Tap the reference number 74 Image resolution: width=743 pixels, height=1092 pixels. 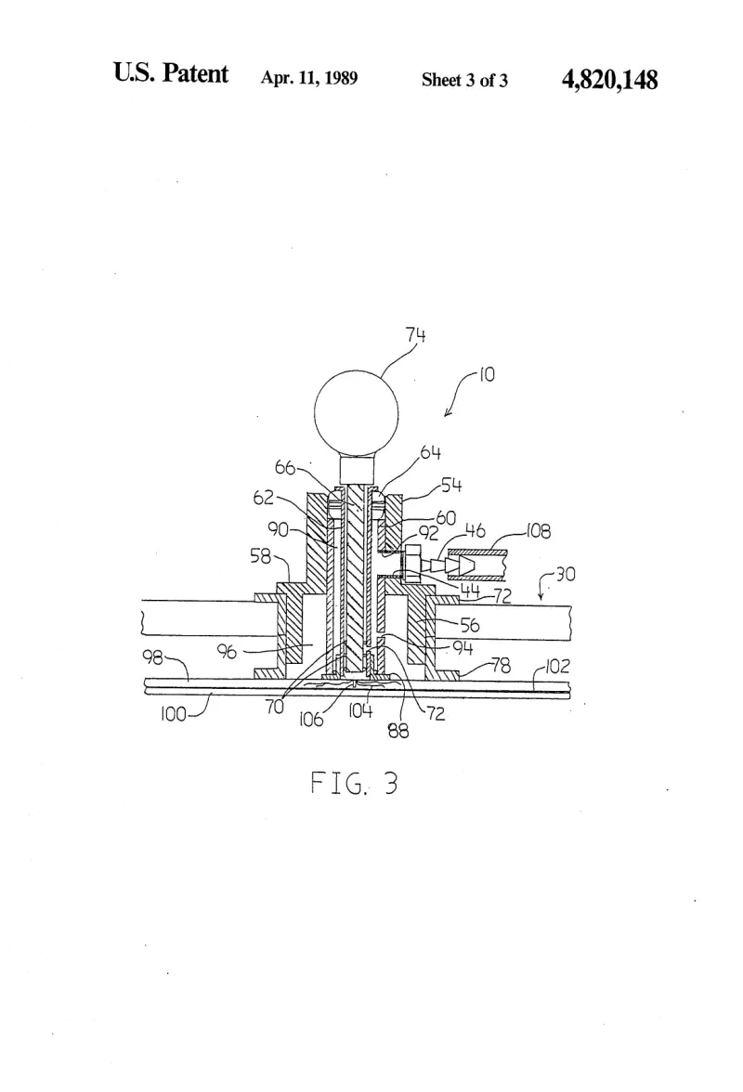pyautogui.click(x=416, y=335)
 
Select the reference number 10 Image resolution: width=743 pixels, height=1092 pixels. pyautogui.click(x=487, y=375)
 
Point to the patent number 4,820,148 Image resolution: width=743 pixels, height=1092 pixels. pyautogui.click(x=609, y=80)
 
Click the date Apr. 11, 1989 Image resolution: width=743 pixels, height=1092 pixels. pyautogui.click(x=309, y=77)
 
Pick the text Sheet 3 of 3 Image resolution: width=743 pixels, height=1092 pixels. pyautogui.click(x=464, y=80)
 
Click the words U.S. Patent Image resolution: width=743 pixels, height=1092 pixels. pyautogui.click(x=171, y=73)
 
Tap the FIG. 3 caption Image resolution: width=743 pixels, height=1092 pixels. pyautogui.click(x=354, y=784)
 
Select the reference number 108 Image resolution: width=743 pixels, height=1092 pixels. pyautogui.click(x=539, y=531)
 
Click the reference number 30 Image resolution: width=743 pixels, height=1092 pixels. pyautogui.click(x=566, y=575)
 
